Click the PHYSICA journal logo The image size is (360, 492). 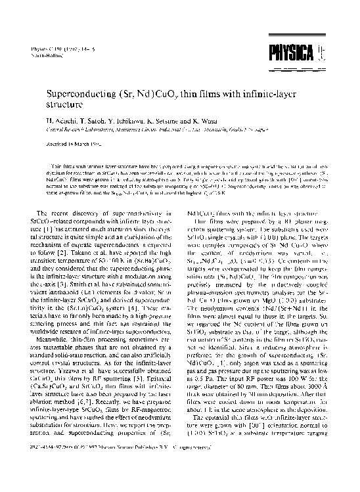coord(296,51)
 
